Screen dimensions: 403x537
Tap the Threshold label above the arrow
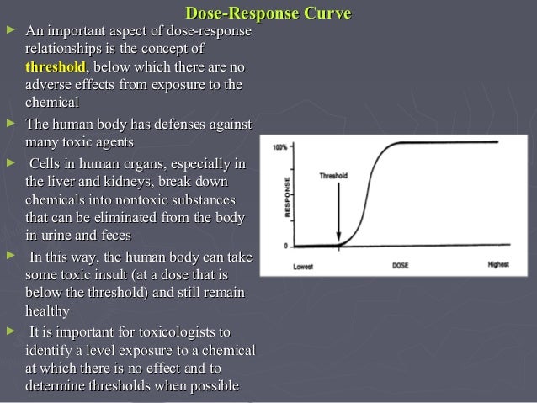coord(333,177)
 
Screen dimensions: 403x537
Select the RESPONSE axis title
coord(288,199)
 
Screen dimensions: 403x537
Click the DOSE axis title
coord(401,266)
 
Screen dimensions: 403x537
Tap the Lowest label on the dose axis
coord(305,266)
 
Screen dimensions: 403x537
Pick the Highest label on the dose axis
coord(498,266)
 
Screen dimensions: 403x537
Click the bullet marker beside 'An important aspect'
coord(10,31)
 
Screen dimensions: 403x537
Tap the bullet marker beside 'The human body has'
coord(10,125)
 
